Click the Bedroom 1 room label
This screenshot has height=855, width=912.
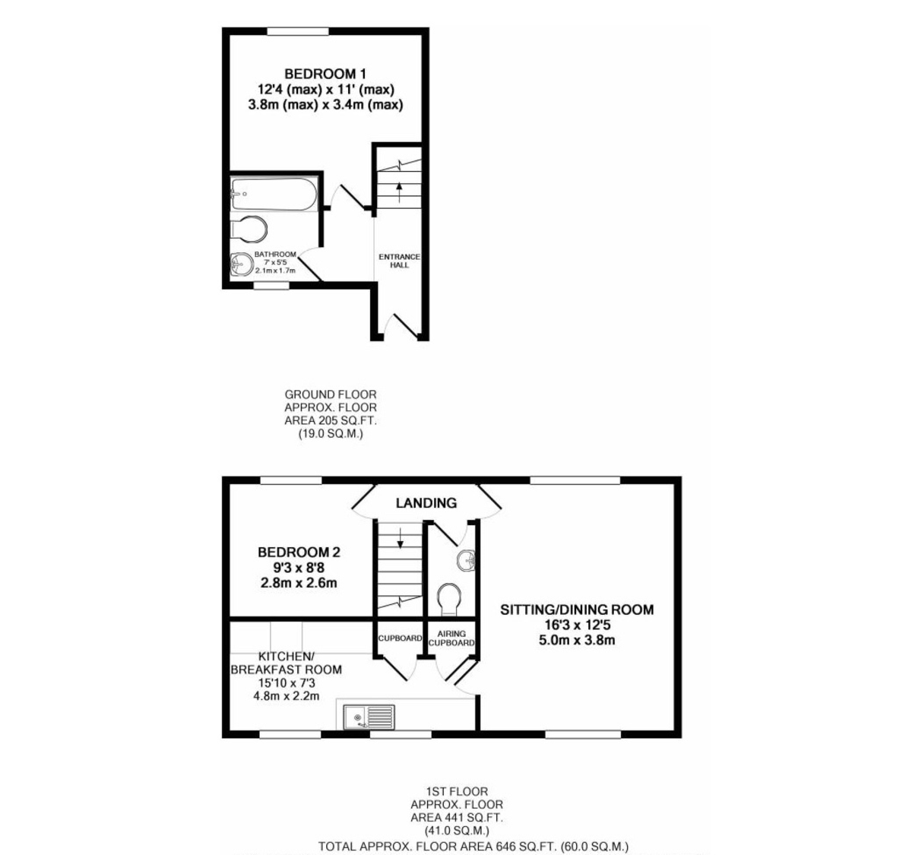pos(325,74)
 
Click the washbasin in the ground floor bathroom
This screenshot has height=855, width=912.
pos(240,263)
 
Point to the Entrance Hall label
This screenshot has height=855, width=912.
pos(399,261)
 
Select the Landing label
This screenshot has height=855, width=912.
pos(426,502)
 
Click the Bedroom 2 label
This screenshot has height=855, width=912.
pos(299,552)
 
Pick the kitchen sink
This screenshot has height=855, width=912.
pos(369,716)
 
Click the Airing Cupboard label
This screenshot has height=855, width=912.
pos(451,638)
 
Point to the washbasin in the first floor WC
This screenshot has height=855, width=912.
pos(464,560)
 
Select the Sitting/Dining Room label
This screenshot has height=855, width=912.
pos(576,610)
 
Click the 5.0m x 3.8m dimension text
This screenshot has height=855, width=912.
pos(576,640)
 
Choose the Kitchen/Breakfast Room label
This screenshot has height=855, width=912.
pos(286,663)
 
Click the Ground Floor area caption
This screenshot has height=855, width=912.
pos(331,414)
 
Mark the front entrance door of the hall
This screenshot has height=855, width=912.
pos(401,327)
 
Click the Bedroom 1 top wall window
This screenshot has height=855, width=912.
pos(298,31)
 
